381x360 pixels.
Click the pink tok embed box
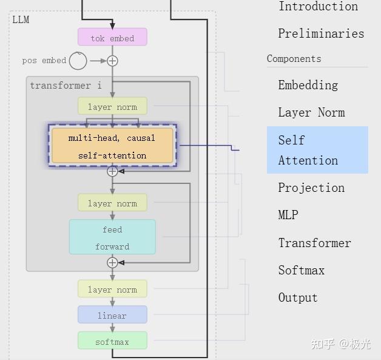(x=112, y=37)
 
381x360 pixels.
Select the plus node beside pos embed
(x=112, y=61)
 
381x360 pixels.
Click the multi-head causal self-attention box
(x=112, y=145)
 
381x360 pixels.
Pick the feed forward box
(x=112, y=237)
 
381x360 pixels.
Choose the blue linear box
(x=112, y=314)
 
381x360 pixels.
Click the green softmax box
(x=112, y=341)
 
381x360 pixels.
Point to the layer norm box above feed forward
(x=112, y=203)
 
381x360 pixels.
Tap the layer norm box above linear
(x=112, y=289)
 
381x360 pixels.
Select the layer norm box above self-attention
(x=112, y=106)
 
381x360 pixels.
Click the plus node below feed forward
(x=112, y=263)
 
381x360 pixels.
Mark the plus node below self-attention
(x=112, y=171)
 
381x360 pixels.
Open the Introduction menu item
(x=318, y=6)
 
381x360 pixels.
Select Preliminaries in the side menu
(x=321, y=33)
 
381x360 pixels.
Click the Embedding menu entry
(x=308, y=85)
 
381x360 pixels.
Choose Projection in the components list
(x=311, y=188)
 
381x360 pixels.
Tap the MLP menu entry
(x=288, y=215)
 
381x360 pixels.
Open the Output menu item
(x=298, y=297)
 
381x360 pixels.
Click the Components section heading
(x=294, y=58)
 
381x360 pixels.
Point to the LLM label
(x=21, y=19)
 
